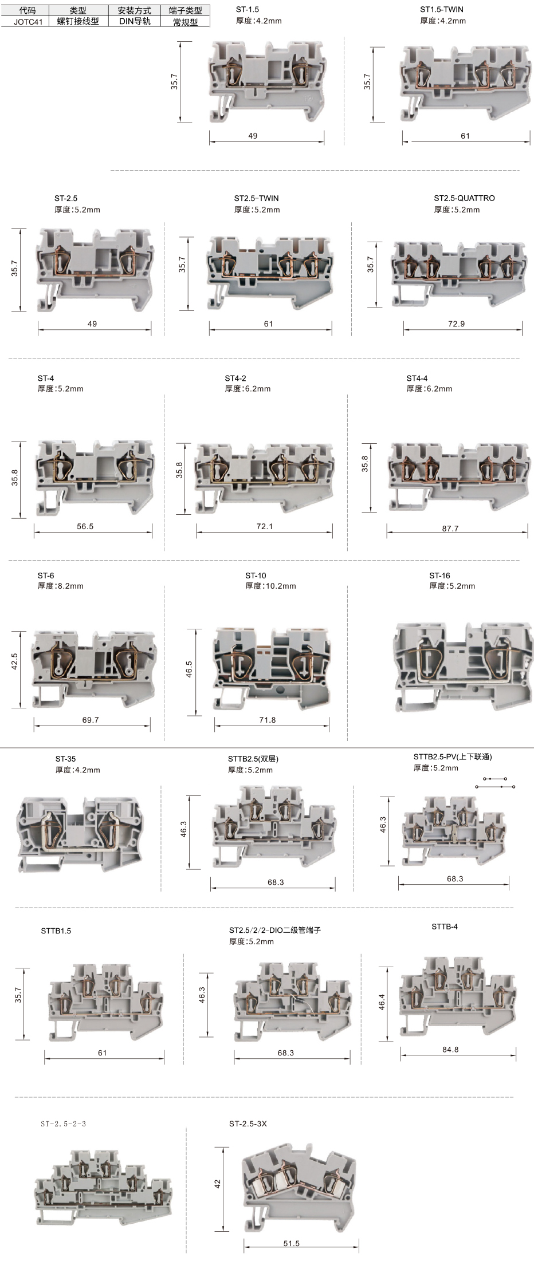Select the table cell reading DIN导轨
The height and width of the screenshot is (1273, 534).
(135, 21)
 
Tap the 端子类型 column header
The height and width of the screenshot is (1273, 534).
(185, 10)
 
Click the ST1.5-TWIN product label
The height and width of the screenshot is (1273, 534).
(442, 9)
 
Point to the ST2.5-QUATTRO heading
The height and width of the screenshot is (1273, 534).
(464, 198)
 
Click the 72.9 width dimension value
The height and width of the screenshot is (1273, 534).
(456, 324)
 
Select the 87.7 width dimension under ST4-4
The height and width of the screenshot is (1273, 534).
(450, 529)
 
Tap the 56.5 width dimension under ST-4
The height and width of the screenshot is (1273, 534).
(85, 526)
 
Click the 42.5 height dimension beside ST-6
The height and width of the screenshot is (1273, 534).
(14, 661)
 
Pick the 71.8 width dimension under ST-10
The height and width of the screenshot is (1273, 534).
(268, 720)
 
